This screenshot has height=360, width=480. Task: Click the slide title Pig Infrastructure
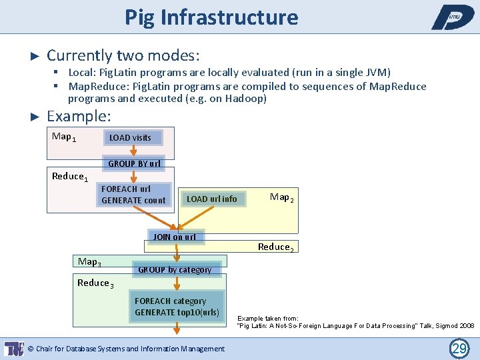point(211,17)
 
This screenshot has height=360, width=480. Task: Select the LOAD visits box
point(130,138)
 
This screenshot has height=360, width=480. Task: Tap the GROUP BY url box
point(134,163)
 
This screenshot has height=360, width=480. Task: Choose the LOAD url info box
point(211,199)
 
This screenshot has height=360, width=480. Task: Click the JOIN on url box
point(175,237)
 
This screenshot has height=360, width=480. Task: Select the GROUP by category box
point(175,269)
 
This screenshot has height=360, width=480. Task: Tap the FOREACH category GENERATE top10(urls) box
point(177,307)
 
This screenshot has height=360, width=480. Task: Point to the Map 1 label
point(64,137)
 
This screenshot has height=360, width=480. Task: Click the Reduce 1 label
point(70,177)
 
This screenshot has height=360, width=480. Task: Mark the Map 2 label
point(282,197)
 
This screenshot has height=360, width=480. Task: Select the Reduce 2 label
point(275,247)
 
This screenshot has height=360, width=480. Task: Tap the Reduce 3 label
point(95,283)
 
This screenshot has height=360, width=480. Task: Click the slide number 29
point(459,348)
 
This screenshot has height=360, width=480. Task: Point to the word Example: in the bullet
point(79,116)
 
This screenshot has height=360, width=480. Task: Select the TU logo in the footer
point(13,348)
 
